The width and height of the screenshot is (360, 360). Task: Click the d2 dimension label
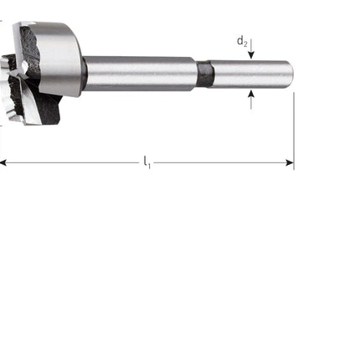click(x=241, y=40)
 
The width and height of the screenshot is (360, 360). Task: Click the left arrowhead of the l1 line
click(x=4, y=162)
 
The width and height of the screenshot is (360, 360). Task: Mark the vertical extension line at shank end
click(x=294, y=126)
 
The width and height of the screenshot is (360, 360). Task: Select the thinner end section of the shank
click(x=251, y=74)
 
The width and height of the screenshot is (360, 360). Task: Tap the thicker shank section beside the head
click(x=138, y=73)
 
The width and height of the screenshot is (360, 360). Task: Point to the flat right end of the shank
click(x=291, y=74)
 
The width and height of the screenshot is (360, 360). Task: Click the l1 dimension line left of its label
click(x=75, y=162)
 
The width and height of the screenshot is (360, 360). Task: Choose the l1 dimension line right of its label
click(x=218, y=162)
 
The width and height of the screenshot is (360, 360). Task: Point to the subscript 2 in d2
click(x=245, y=44)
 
